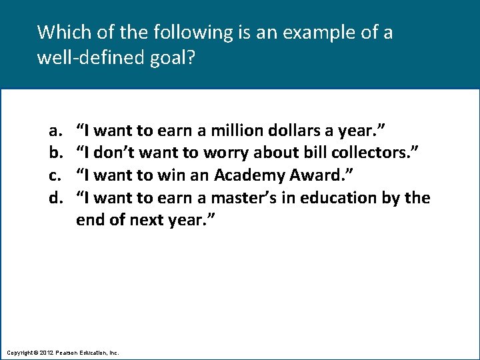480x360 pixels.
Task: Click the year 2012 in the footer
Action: click(45, 351)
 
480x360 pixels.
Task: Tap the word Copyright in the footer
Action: click(19, 351)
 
